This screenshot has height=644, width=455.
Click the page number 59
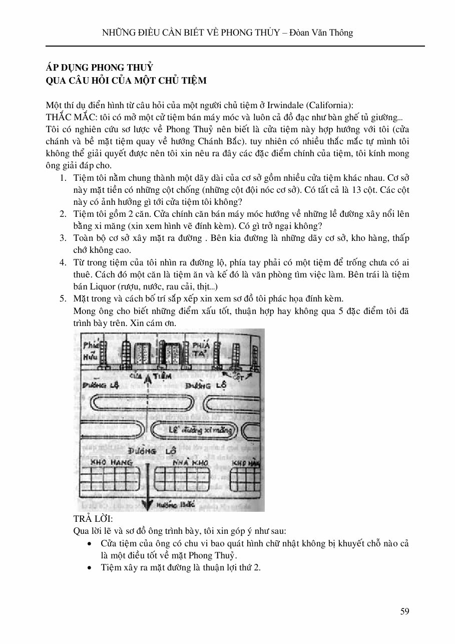click(405, 611)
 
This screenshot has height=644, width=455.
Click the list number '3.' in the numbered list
click(63, 238)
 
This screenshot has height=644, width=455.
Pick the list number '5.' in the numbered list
click(63, 299)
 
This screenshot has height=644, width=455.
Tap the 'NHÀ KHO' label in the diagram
click(190, 463)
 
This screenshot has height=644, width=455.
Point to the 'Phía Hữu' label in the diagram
click(91, 350)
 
